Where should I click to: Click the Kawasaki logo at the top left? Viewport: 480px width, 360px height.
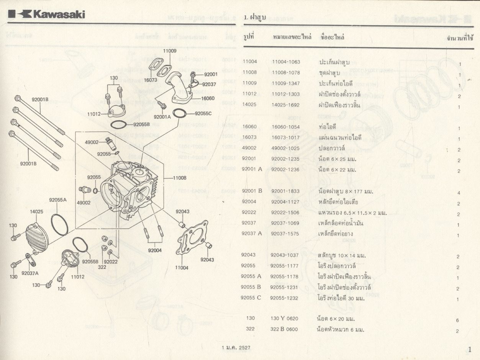(47, 14)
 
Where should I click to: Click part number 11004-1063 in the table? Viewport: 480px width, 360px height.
(286, 62)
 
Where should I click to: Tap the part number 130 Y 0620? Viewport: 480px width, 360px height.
(284, 319)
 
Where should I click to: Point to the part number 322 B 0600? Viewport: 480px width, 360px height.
(284, 329)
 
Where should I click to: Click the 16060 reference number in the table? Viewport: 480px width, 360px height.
(250, 127)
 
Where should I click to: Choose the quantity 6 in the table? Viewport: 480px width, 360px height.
(457, 320)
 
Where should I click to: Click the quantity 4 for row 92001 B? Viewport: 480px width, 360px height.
(459, 193)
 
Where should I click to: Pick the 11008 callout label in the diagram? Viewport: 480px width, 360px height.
(179, 178)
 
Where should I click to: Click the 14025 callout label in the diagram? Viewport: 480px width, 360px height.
(37, 211)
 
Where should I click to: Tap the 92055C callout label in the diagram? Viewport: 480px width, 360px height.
(203, 113)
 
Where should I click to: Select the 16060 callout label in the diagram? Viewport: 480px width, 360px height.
(207, 98)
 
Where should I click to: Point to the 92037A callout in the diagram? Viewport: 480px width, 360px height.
(30, 273)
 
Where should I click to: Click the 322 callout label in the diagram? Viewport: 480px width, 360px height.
(102, 267)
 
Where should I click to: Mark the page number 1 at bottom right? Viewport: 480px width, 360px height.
(470, 349)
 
